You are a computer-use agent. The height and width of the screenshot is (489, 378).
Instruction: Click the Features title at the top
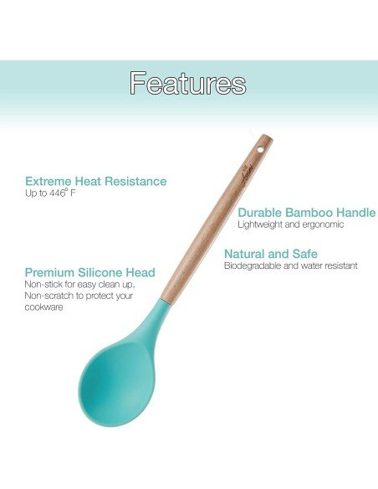point(188,83)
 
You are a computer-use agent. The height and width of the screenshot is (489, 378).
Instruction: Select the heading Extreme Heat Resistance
point(95,181)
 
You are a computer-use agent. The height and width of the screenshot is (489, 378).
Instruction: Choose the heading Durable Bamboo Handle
point(306,213)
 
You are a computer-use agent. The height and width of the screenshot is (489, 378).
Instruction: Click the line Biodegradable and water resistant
point(290,265)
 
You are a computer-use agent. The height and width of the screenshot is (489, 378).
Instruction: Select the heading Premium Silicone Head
point(89,272)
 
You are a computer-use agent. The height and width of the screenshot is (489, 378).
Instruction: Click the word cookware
point(44,306)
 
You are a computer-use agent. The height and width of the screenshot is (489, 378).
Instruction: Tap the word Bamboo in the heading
point(309,213)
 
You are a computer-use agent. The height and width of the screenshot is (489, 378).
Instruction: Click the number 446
point(54,193)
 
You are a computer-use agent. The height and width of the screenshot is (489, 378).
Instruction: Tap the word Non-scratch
point(49,296)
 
